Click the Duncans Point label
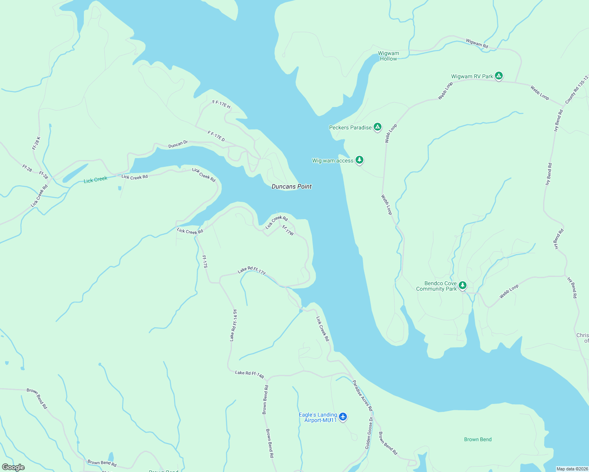tap(291, 186)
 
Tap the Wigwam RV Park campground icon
tap(499, 76)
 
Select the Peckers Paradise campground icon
tap(378, 127)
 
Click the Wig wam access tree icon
tap(359, 160)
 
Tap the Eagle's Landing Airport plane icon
tap(343, 417)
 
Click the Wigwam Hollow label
tap(388, 56)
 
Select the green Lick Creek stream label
tap(95, 179)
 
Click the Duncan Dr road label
tap(178, 144)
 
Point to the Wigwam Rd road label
tap(477, 43)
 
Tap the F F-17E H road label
tap(221, 104)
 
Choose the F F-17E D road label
tap(216, 136)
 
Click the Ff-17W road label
tap(288, 230)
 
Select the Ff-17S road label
tap(204, 262)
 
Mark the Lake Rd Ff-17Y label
tap(252, 270)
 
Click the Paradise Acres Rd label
tap(362, 395)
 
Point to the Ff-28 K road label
tap(36, 143)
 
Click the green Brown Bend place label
tap(478, 439)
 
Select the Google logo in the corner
tap(13, 467)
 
